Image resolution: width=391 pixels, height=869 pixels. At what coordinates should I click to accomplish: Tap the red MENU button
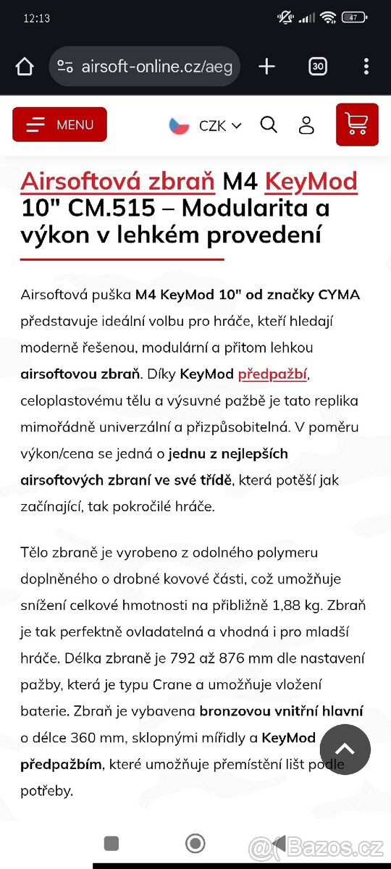[x=59, y=125]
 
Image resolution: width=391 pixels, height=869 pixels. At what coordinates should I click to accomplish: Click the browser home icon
[x=25, y=67]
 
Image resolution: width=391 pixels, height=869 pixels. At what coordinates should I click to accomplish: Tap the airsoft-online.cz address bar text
[x=156, y=67]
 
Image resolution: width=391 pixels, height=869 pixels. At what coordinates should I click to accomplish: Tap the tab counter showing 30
[x=317, y=67]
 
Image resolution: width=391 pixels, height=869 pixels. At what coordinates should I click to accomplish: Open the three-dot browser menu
[x=366, y=67]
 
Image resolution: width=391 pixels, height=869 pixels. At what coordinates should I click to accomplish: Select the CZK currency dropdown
[x=219, y=125]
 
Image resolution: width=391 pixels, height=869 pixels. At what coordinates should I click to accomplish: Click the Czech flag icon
[x=180, y=125]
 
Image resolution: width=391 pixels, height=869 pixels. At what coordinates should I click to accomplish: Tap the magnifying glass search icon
[x=269, y=125]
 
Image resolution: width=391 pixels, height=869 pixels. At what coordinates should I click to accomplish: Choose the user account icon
[x=306, y=125]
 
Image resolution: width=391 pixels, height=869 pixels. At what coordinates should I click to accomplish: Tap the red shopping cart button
[x=357, y=125]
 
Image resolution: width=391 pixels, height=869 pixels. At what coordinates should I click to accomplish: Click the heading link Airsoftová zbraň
[x=117, y=181]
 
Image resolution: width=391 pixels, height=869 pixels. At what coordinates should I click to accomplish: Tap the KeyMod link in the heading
[x=311, y=181]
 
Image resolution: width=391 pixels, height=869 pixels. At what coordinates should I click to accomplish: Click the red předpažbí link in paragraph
[x=272, y=374]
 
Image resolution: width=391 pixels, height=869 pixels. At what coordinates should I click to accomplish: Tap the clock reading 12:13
[x=36, y=18]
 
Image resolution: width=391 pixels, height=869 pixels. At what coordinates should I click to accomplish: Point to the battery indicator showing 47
[x=354, y=18]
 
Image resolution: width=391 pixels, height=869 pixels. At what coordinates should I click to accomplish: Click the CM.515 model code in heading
[x=112, y=209]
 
